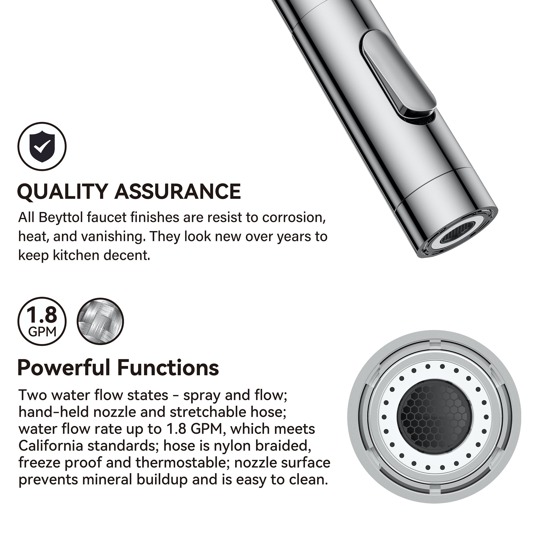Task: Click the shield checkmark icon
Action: [x=42, y=146]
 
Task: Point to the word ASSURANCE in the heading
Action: [x=178, y=191]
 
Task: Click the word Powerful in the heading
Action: [x=64, y=368]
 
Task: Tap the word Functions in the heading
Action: [x=168, y=368]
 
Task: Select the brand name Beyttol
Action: [x=61, y=218]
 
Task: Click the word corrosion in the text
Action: [x=293, y=218]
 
